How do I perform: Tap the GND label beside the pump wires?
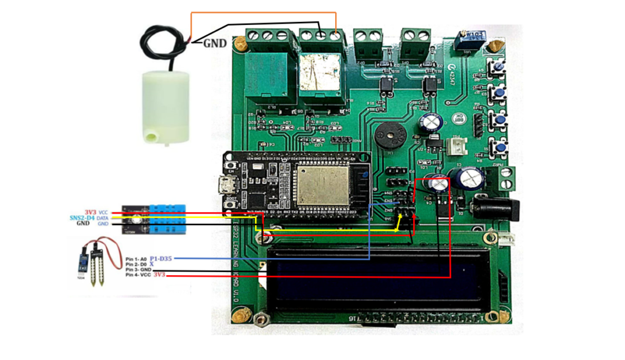[214, 43]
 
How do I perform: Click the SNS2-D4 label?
[81, 217]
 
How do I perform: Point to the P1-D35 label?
[161, 259]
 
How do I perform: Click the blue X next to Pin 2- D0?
[152, 264]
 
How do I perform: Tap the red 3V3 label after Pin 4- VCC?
[159, 276]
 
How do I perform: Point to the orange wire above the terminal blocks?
[262, 13]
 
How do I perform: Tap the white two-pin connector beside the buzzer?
[455, 146]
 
